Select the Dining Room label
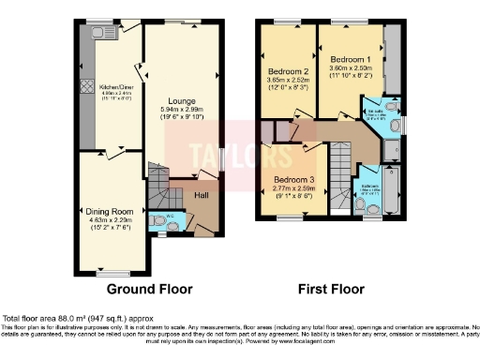(110, 212)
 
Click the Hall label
(201, 195)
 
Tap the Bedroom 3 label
(295, 180)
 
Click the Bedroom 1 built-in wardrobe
(392, 58)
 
